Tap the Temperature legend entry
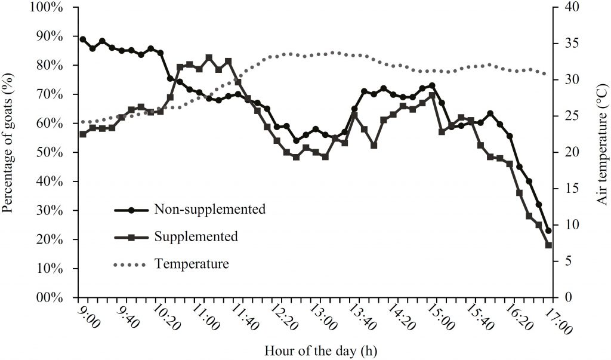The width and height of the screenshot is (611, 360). pyautogui.click(x=191, y=263)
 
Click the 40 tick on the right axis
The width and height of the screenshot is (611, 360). pyautogui.click(x=570, y=7)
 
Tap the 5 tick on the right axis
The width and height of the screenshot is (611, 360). pyautogui.click(x=567, y=261)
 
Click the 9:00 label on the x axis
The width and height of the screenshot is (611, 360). pyautogui.click(x=88, y=316)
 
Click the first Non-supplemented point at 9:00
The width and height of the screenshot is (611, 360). pyautogui.click(x=83, y=39)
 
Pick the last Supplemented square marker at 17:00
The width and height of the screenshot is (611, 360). pyautogui.click(x=548, y=245)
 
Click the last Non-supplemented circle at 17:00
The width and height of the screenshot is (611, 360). pyautogui.click(x=548, y=230)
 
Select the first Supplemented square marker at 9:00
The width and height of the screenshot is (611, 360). pyautogui.click(x=83, y=134)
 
